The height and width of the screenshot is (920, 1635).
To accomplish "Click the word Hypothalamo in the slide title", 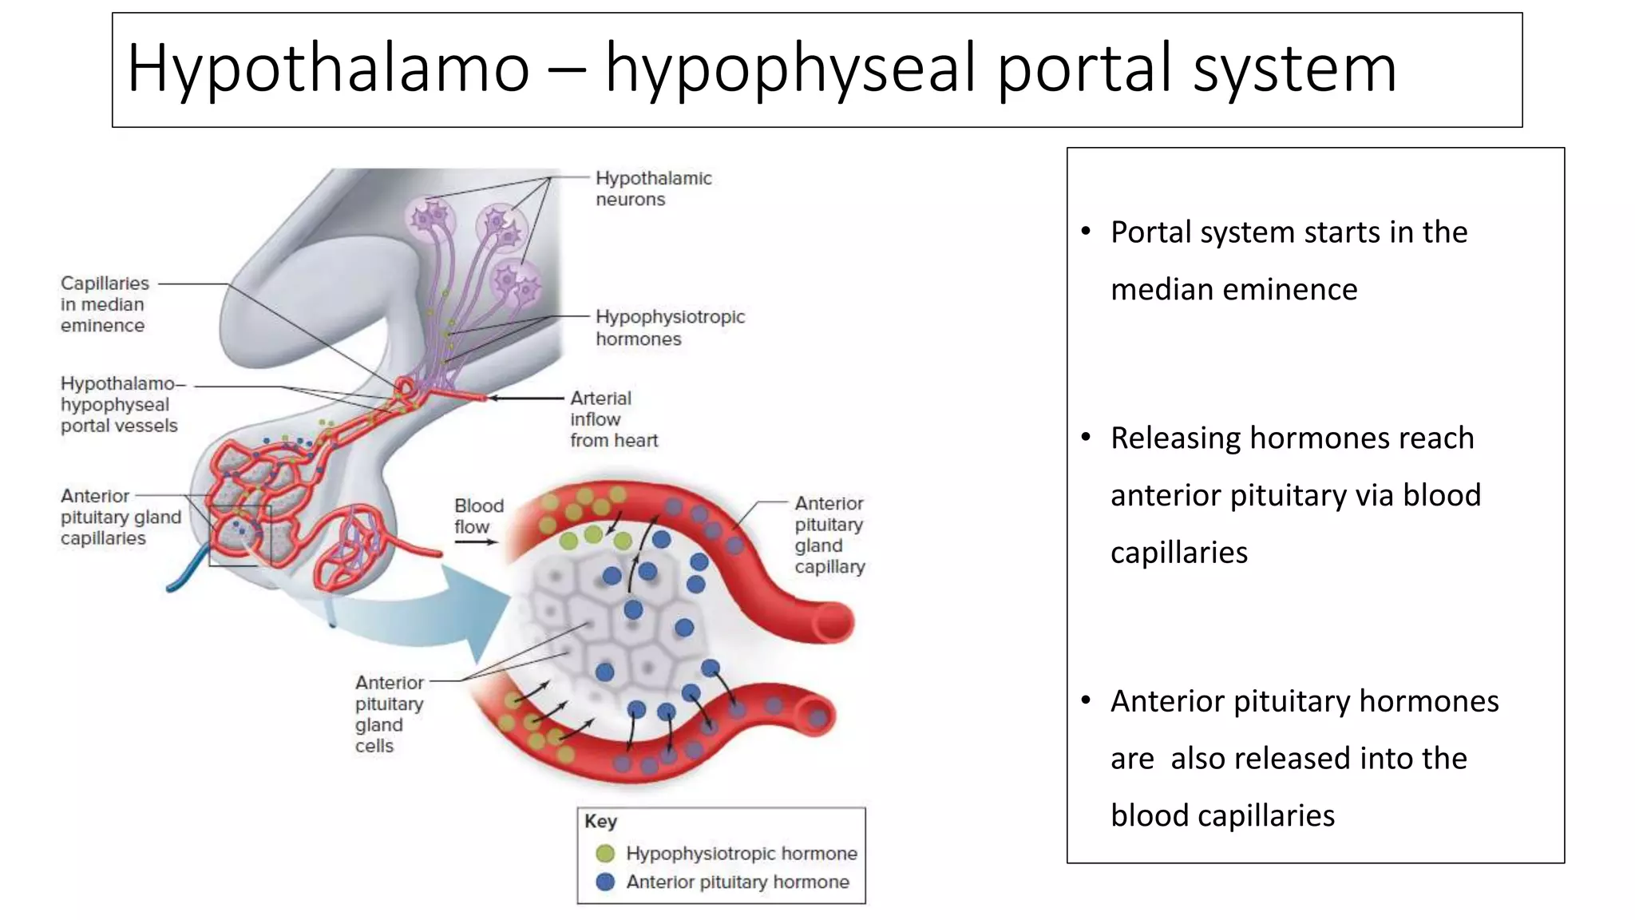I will [327, 68].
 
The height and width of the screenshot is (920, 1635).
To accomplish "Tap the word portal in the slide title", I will [1086, 68].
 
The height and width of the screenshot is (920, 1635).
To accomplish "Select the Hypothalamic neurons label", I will [653, 188].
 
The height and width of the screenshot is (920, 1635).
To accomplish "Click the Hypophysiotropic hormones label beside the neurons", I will [669, 327].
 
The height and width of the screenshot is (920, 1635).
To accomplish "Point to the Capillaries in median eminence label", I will [105, 304].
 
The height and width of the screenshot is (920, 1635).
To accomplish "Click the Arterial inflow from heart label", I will [613, 419].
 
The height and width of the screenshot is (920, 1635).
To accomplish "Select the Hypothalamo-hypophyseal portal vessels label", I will [120, 405].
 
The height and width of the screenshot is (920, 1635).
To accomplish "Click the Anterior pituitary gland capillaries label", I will [120, 517].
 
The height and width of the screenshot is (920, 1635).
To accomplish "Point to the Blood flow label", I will [479, 516].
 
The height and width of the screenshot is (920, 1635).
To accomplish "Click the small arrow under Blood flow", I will [476, 542].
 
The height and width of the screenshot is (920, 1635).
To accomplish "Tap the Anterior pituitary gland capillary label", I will [829, 535].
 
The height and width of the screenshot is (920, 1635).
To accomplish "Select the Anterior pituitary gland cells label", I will [389, 714].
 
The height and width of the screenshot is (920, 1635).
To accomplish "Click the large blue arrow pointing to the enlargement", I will [447, 615].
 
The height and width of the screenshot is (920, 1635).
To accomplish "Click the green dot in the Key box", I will [606, 854].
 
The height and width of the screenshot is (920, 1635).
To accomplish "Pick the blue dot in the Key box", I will [606, 882].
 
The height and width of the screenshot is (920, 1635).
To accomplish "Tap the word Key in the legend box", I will [600, 822].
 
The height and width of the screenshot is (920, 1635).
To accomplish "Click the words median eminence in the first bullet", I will [1233, 289].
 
